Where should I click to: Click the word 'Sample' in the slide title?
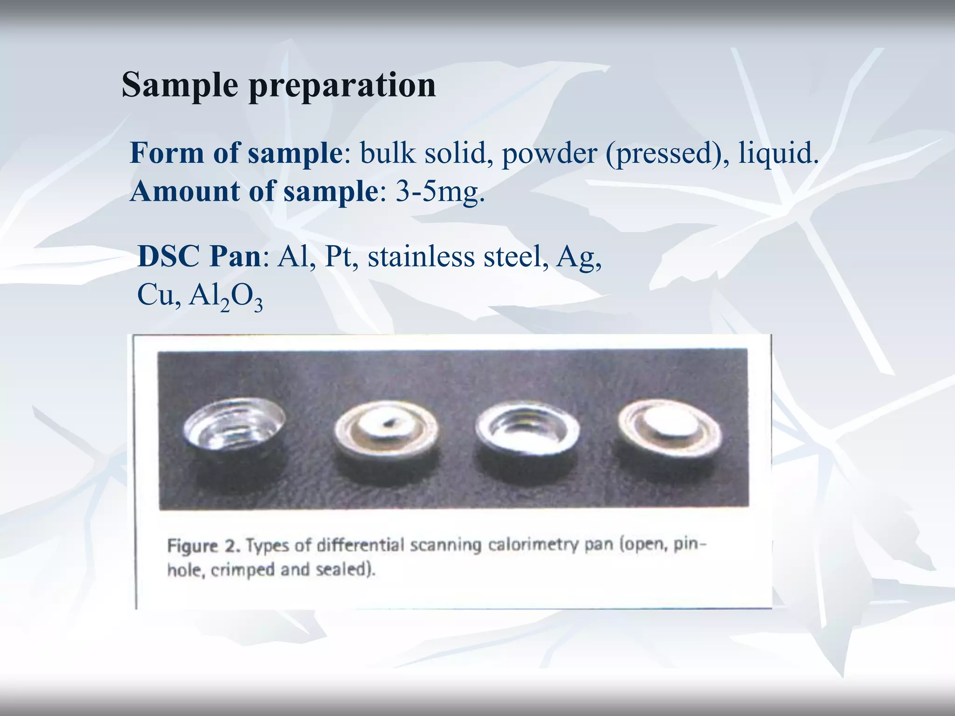pyautogui.click(x=180, y=85)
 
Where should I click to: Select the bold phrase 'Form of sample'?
pyautogui.click(x=236, y=153)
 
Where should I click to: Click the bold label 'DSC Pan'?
pyautogui.click(x=199, y=256)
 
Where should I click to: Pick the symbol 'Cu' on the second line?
pyautogui.click(x=156, y=295)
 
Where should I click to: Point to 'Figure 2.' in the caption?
pyautogui.click(x=204, y=546)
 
